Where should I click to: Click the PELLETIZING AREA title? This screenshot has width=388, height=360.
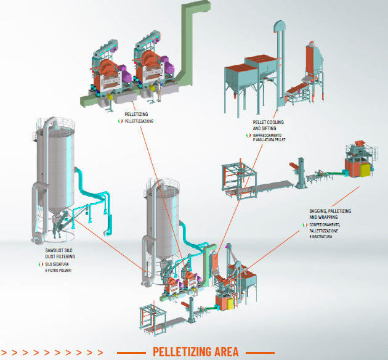(195, 351)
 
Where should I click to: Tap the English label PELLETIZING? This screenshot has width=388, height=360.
(136, 114)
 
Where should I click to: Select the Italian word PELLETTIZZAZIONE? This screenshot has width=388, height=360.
(139, 121)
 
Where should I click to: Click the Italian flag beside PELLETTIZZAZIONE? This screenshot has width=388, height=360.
(120, 121)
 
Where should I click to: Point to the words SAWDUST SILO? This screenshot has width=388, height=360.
(59, 250)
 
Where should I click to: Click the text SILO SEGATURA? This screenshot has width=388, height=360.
(57, 264)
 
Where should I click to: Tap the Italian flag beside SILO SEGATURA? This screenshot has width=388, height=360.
(41, 264)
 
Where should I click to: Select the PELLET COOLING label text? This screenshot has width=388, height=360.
(269, 122)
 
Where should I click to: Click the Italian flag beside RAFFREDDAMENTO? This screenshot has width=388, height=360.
(248, 135)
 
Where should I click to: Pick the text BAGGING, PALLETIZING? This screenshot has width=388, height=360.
(330, 211)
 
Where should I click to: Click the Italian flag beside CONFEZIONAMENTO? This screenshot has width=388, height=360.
(305, 225)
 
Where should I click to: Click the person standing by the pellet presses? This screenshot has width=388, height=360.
(160, 90)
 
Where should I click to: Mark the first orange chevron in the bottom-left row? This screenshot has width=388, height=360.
(4, 353)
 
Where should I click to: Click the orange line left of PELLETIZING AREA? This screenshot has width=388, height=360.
(131, 353)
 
